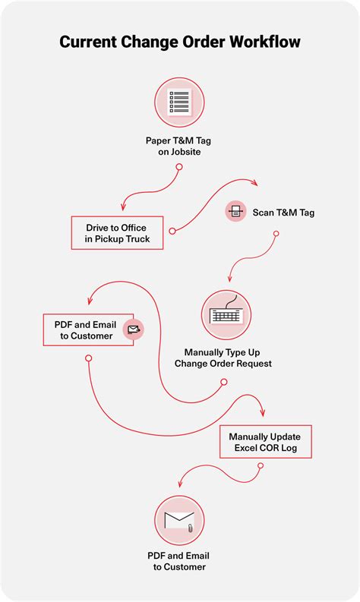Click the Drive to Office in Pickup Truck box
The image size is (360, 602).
tap(115, 233)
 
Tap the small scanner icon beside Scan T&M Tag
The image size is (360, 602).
tap(235, 211)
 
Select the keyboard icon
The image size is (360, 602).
tap(226, 315)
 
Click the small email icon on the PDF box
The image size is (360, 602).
tap(133, 329)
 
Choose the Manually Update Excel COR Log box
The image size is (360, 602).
tap(265, 442)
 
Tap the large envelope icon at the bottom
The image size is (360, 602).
tap(180, 521)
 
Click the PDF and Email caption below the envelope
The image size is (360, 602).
tap(180, 561)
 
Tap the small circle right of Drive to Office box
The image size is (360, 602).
tap(172, 231)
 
